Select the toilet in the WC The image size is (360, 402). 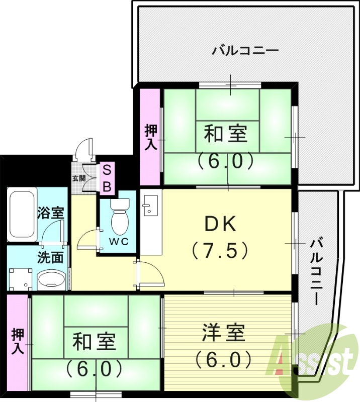(x=120, y=217)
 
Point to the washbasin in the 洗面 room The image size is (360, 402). (x=52, y=279)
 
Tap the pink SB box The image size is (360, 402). (x=107, y=178)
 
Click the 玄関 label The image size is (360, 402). (x=78, y=178)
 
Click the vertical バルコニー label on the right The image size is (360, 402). (x=316, y=271)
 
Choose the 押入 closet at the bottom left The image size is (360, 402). (x=17, y=342)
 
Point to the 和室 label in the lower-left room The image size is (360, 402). (x=94, y=343)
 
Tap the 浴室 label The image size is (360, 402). (x=50, y=212)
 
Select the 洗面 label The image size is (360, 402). (x=50, y=257)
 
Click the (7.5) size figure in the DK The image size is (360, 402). (x=220, y=250)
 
